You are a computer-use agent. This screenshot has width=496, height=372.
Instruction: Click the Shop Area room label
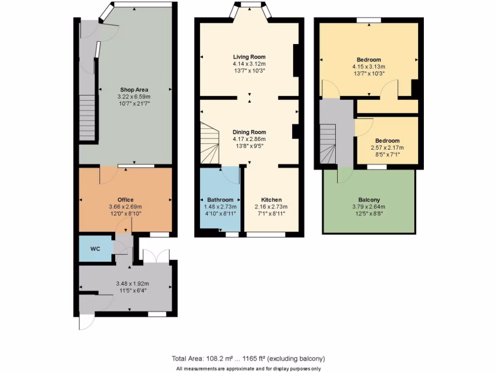134,90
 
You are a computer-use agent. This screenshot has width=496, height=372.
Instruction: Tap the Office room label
125,200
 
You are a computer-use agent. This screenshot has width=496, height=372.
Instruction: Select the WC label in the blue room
95,249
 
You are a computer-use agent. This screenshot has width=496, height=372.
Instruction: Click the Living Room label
249,57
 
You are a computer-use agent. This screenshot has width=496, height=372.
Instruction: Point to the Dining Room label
249,132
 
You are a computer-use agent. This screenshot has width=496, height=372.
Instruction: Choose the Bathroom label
220,200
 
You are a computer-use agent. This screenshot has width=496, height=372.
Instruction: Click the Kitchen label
271,200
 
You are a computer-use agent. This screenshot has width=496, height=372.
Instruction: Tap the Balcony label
369,200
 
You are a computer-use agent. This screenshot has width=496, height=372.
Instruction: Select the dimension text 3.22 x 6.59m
134,96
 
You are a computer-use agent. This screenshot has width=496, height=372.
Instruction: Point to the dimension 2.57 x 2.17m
387,148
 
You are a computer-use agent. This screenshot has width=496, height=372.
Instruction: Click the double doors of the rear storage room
156,257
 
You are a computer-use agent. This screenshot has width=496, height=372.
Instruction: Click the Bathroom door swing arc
232,175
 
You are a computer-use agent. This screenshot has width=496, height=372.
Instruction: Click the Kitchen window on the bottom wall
266,234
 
